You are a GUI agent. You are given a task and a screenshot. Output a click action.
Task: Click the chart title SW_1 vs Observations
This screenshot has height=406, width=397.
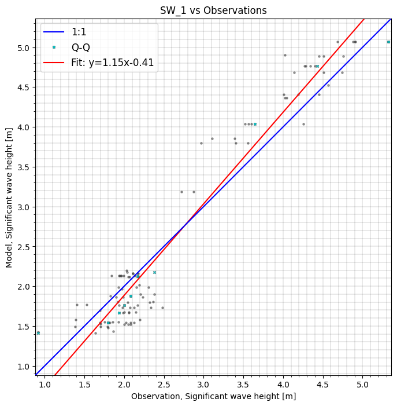213,10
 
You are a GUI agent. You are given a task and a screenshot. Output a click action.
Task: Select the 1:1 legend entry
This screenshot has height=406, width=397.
79,32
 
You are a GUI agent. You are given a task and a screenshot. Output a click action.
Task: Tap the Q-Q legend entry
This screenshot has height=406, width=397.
80,47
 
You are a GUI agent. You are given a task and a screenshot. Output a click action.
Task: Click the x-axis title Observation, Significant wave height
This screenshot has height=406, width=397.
213,396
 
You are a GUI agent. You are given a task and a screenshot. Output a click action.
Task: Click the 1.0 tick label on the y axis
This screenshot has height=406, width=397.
24,366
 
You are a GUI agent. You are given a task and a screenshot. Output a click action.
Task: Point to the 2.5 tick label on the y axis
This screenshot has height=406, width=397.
24,247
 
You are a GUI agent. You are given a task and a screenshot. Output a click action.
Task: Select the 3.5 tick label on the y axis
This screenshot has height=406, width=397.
24,167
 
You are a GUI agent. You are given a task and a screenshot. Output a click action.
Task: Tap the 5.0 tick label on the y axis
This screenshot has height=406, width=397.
24,48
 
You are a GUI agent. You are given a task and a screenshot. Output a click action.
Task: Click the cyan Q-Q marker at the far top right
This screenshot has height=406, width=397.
388,42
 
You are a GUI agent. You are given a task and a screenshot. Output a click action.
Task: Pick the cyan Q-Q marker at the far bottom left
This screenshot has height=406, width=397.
38,333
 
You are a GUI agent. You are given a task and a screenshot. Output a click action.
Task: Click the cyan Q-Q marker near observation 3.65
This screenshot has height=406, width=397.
255,124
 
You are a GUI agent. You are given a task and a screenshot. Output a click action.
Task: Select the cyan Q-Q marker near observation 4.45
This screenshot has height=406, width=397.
317,66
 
